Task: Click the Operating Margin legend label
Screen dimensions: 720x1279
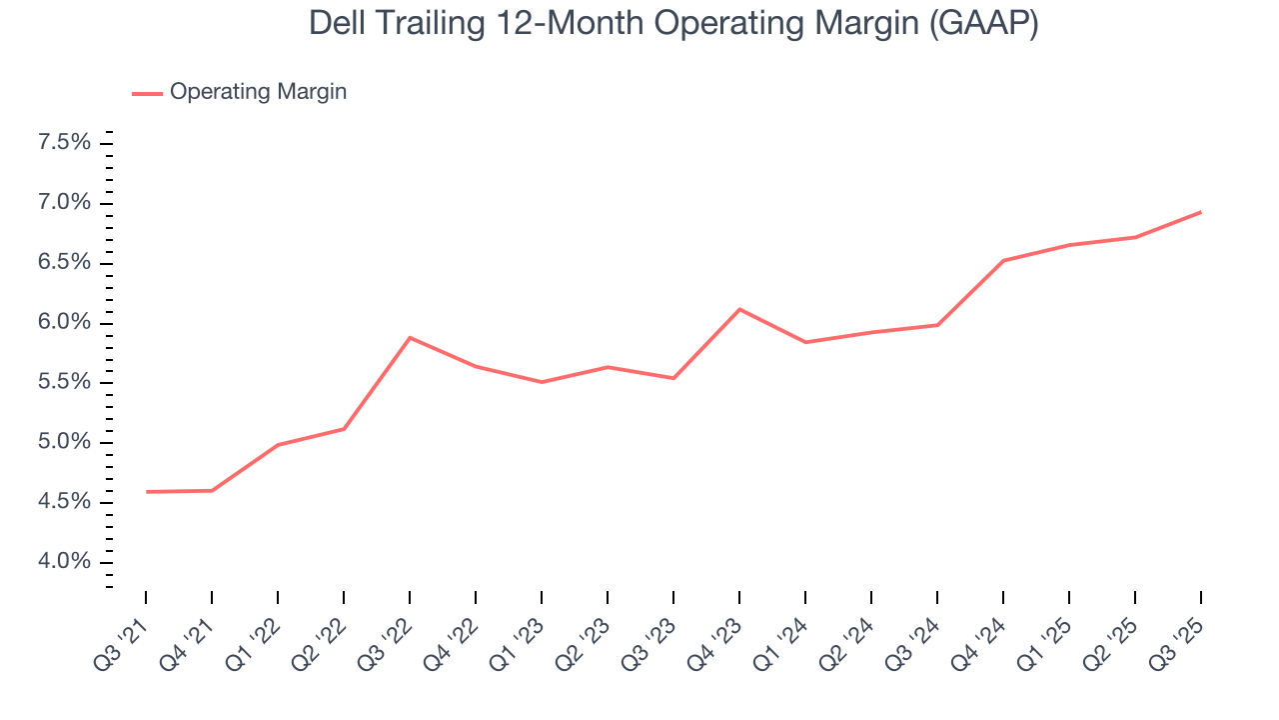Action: click(258, 92)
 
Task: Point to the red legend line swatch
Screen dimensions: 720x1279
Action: click(147, 93)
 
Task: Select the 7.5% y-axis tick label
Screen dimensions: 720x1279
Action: click(64, 143)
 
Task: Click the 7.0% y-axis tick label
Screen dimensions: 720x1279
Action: click(64, 203)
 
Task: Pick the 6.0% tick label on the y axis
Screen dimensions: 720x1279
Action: click(64, 323)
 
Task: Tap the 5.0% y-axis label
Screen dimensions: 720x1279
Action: click(64, 442)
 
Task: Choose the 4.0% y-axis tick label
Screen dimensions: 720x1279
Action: click(64, 562)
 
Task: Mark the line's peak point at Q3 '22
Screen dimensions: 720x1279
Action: click(410, 337)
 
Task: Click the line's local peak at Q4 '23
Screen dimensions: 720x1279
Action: click(739, 309)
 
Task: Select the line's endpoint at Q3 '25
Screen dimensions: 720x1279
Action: click(1200, 212)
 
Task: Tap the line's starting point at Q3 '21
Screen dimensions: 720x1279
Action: click(147, 491)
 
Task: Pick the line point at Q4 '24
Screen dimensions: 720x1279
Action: click(1003, 260)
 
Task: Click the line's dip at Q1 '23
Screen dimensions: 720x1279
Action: click(542, 382)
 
